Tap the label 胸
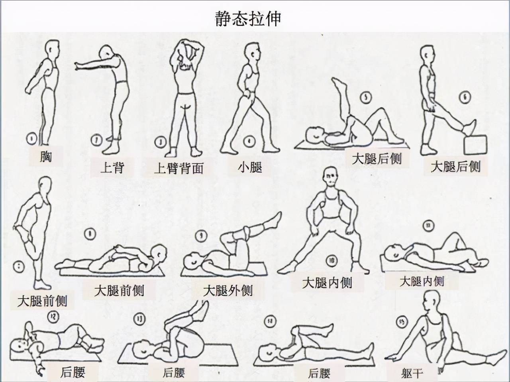click(x=46, y=156)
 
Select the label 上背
click(x=112, y=167)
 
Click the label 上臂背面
click(x=178, y=168)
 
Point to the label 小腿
click(x=250, y=167)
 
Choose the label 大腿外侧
click(x=228, y=290)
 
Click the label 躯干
click(x=412, y=373)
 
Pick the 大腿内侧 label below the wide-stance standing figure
click(x=327, y=283)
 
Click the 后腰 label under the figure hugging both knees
click(x=174, y=373)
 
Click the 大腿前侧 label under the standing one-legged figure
click(x=42, y=301)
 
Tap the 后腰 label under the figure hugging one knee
click(x=319, y=373)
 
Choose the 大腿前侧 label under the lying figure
click(x=119, y=290)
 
